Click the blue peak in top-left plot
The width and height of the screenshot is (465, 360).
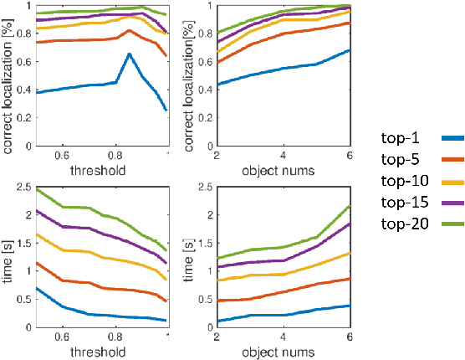tap(129, 54)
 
